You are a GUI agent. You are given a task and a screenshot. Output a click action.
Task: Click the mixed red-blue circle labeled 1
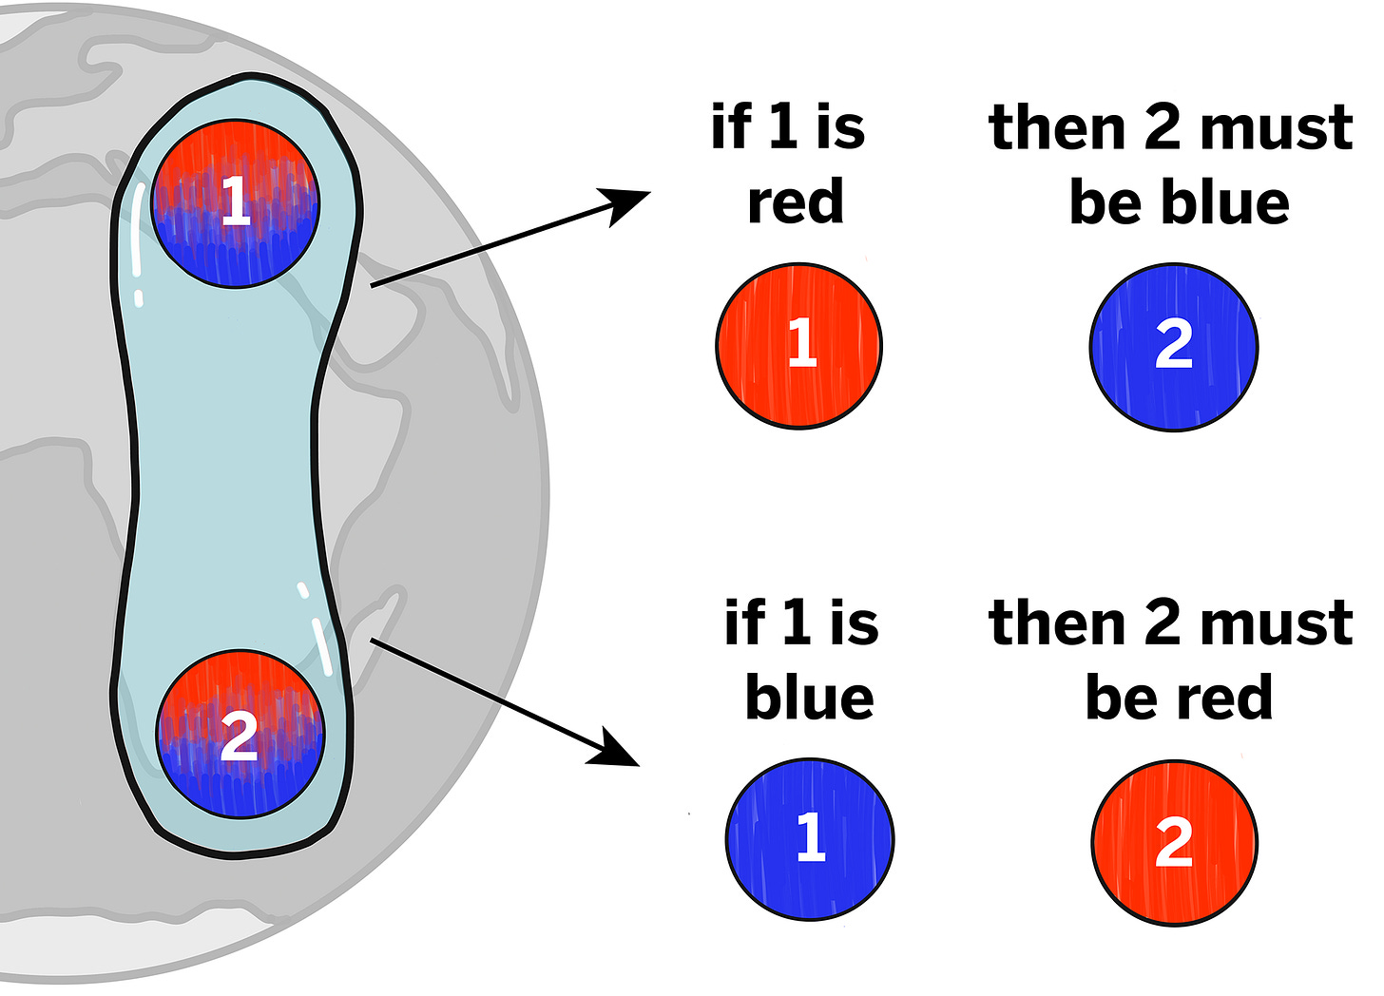pos(235,202)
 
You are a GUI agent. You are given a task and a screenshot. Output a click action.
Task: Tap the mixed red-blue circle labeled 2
pos(240,734)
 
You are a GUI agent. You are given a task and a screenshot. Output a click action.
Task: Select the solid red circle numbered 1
pos(798,345)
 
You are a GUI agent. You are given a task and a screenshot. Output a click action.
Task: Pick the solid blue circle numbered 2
pos(1173,347)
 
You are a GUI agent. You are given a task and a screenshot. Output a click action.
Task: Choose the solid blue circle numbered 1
pos(809,838)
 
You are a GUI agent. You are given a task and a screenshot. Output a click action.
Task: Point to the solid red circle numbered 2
pos(1174,842)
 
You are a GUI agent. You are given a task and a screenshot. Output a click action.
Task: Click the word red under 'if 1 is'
pos(795,202)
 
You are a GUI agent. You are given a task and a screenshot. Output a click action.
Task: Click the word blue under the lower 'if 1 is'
pos(809,698)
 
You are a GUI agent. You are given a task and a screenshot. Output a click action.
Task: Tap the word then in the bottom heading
pos(1057,623)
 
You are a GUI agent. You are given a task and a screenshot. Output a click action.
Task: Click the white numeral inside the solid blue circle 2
pos(1173,345)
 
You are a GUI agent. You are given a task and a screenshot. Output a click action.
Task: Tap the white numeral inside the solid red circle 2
pos(1174,842)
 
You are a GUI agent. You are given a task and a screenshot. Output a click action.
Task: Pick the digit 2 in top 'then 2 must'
pos(1162,127)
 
